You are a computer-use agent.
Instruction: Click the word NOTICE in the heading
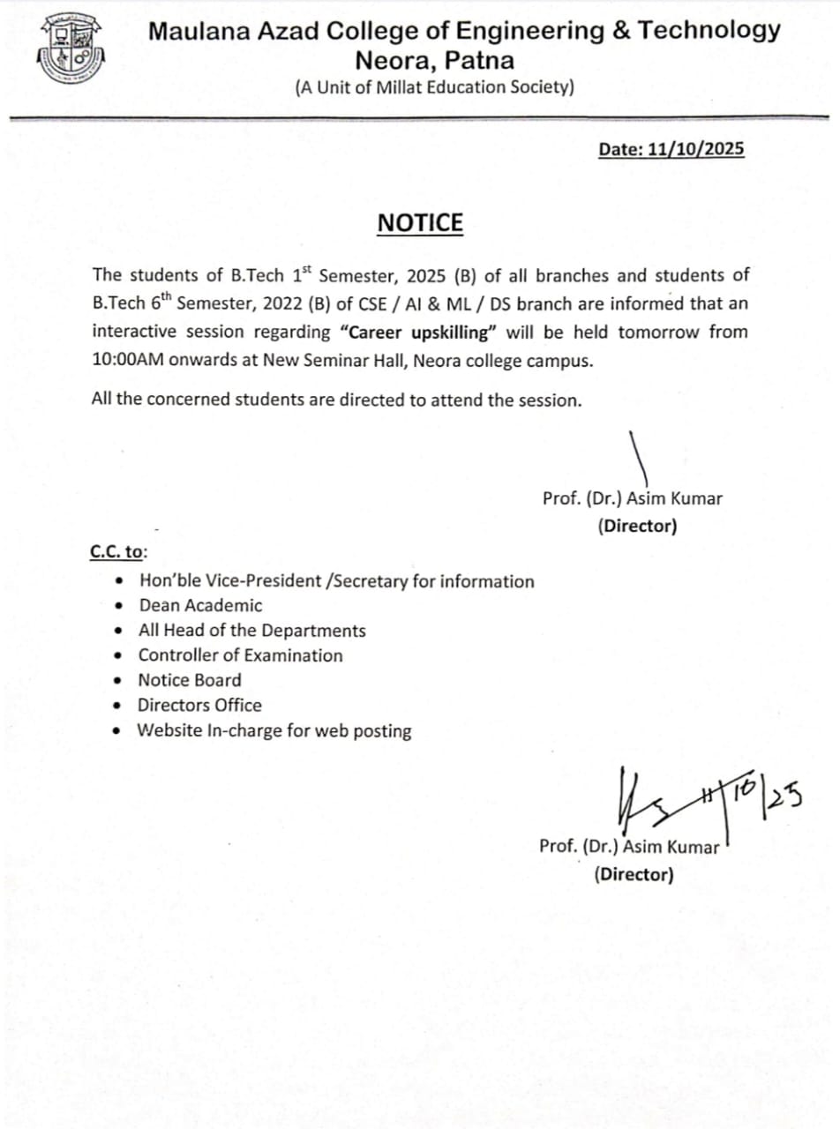[420, 223]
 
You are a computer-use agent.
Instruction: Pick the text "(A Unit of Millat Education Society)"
[435, 86]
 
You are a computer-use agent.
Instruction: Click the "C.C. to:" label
[118, 551]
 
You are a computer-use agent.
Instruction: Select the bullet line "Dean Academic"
[200, 605]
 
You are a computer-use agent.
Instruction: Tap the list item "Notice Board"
[189, 680]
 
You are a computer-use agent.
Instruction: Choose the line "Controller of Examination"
[240, 655]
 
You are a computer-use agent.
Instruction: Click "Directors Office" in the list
[199, 705]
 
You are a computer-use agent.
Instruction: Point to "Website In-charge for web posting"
[274, 730]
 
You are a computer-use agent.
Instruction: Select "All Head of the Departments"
[251, 631]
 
